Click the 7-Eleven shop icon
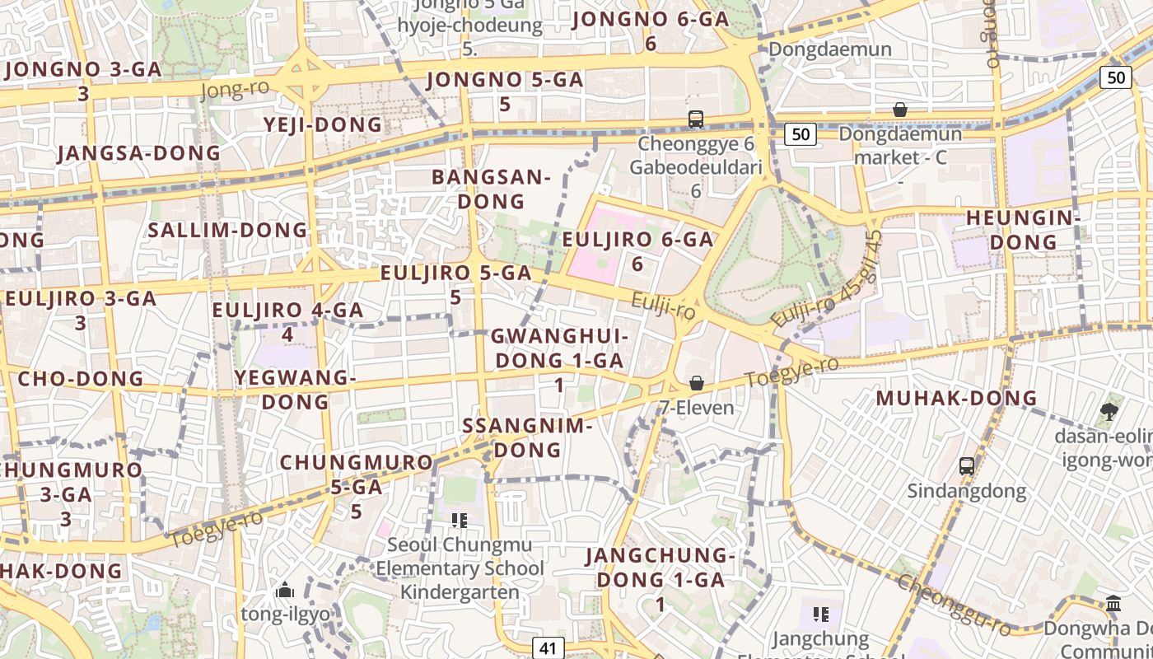(697, 383)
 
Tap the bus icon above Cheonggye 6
(696, 119)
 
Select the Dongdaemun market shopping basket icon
(900, 110)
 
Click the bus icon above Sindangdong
(967, 465)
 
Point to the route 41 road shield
(548, 647)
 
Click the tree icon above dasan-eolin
(1109, 410)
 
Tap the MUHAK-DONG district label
(956, 399)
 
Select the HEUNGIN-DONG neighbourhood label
(1023, 230)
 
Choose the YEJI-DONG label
(323, 124)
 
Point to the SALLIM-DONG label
(227, 230)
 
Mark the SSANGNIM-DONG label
(527, 437)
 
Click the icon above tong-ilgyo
(285, 589)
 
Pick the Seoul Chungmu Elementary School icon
(459, 520)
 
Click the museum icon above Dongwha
(1113, 604)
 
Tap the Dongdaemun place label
(830, 49)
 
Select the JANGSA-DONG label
(139, 153)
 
